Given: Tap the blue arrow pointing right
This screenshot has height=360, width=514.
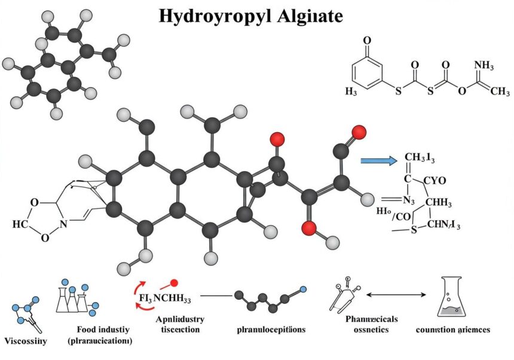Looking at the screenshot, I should (x=379, y=160).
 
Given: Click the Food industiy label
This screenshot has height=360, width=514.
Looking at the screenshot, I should (x=102, y=330).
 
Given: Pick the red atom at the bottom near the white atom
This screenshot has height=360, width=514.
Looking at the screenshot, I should (x=308, y=228).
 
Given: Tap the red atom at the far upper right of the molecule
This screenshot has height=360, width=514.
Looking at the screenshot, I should (x=359, y=132).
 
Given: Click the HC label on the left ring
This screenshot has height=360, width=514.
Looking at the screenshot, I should (x=20, y=224).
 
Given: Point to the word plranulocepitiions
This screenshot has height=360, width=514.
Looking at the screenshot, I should (x=271, y=330).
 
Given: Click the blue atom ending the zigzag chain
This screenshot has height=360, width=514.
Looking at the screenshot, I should (x=303, y=290).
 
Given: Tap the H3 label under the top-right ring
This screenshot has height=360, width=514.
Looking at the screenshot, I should (x=353, y=91).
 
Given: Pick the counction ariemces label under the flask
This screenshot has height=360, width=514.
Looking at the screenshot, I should (x=452, y=330).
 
